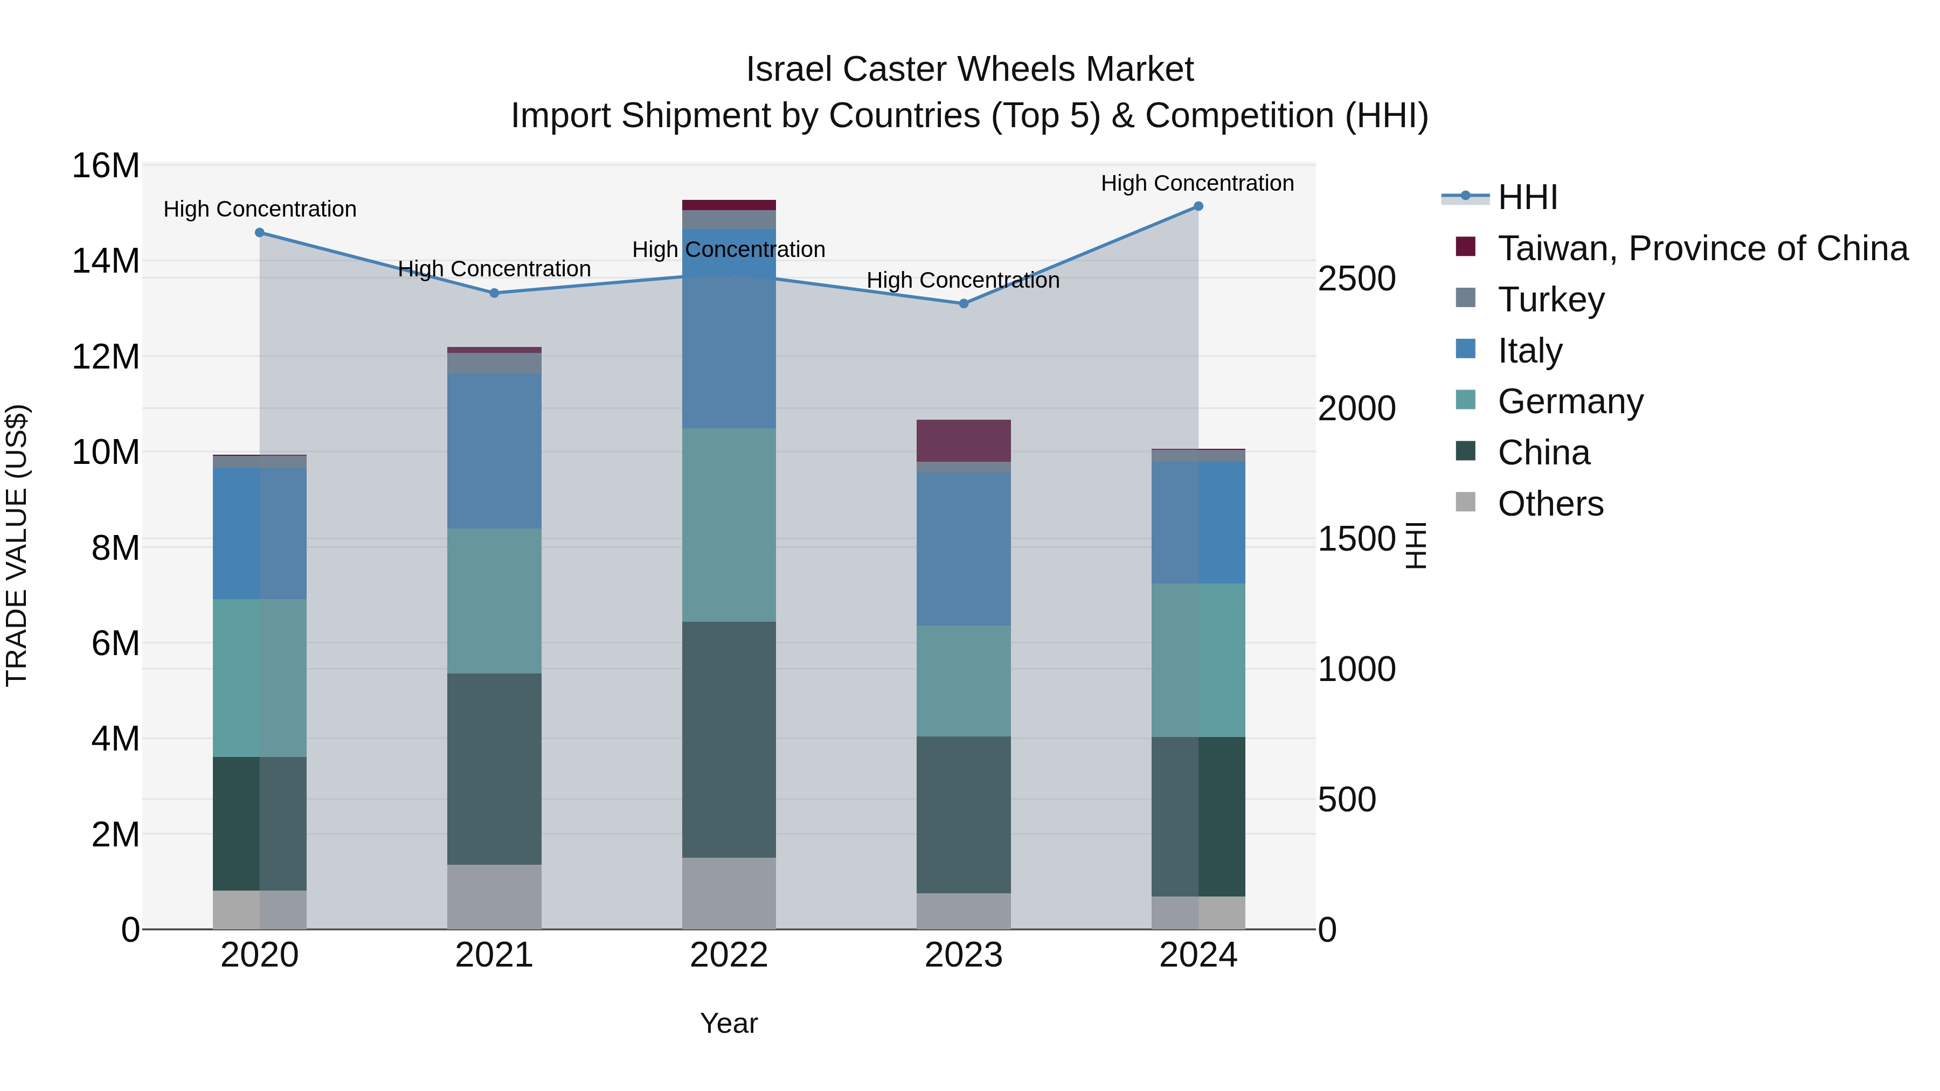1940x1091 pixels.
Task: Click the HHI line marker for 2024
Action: click(1198, 206)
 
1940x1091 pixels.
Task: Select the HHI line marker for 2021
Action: click(494, 293)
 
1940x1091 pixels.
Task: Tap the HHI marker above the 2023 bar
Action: click(963, 303)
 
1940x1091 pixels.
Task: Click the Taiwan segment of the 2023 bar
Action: click(963, 441)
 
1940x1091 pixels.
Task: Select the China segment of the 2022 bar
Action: click(728, 739)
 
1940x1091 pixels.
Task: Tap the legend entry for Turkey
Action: click(1550, 300)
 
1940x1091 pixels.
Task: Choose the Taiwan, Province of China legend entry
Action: click(1702, 248)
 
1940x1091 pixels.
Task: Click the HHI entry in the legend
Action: click(1527, 197)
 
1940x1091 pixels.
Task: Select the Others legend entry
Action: click(1550, 504)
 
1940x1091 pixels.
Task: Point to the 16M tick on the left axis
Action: click(106, 165)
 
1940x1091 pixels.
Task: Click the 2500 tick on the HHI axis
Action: click(1356, 279)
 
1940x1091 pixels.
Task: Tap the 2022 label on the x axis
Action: click(728, 955)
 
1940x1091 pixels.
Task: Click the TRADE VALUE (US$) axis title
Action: click(17, 545)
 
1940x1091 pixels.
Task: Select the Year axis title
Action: click(728, 1023)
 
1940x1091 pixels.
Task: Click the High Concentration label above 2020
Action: click(260, 210)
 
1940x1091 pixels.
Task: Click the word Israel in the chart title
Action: click(789, 70)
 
